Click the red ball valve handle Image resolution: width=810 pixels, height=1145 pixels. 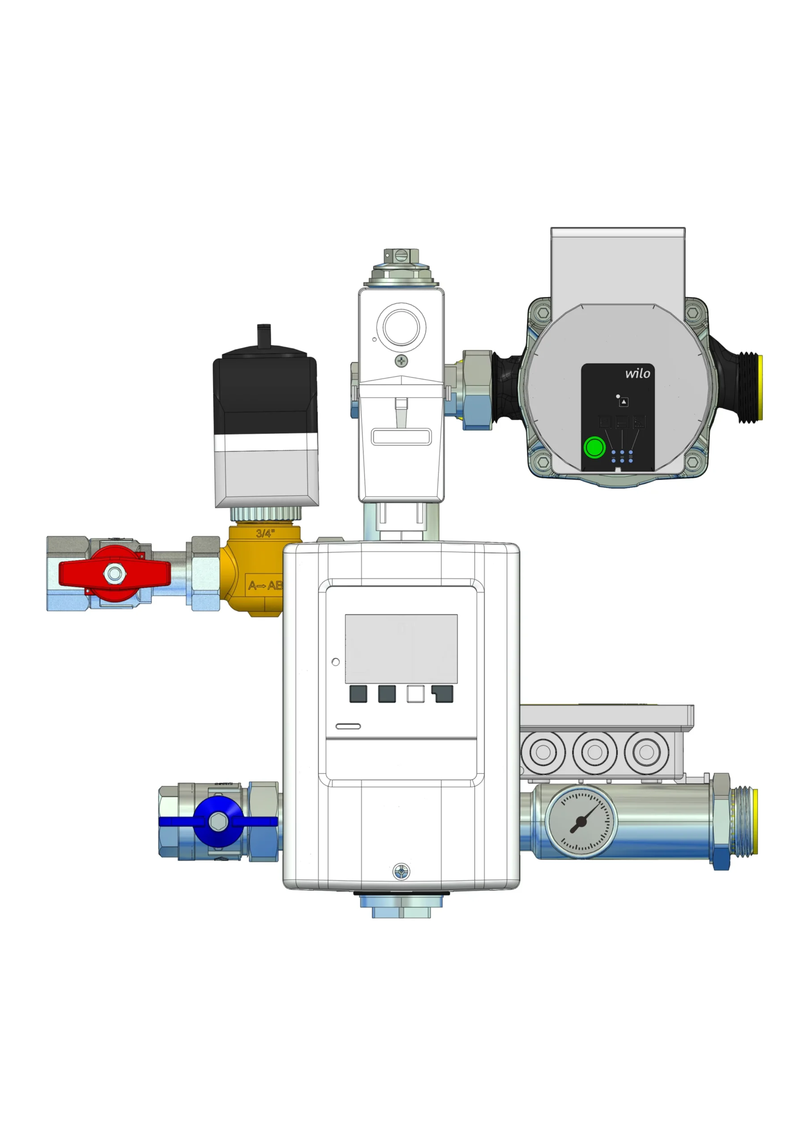[x=115, y=573]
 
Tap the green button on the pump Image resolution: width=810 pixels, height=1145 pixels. [x=594, y=447]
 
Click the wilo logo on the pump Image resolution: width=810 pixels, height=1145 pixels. [x=637, y=373]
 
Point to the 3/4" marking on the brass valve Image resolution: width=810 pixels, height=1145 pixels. [x=265, y=533]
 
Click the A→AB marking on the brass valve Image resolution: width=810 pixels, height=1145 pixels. [x=265, y=585]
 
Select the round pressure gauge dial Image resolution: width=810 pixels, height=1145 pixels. [x=581, y=821]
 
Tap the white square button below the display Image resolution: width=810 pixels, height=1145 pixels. [x=416, y=694]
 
